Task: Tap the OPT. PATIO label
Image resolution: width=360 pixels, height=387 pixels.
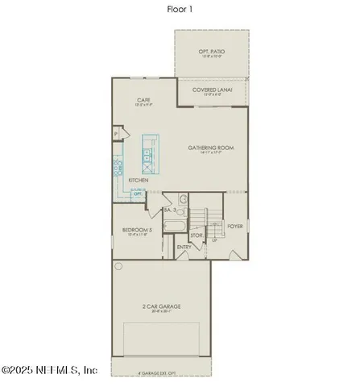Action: [x=212, y=52]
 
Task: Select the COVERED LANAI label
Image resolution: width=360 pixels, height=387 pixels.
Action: [x=213, y=91]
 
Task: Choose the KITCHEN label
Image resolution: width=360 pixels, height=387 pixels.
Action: [x=138, y=180]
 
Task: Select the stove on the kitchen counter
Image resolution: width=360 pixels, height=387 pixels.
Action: [x=118, y=169]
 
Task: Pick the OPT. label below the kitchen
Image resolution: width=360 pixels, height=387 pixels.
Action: [x=138, y=194]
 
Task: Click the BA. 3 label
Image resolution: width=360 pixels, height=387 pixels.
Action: [x=170, y=210]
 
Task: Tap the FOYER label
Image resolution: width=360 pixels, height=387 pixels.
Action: [x=235, y=227]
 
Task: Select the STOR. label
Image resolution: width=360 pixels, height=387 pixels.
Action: [x=197, y=235]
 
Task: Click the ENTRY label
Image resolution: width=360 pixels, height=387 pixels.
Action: [x=184, y=247]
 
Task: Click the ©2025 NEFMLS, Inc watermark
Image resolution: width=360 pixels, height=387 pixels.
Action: [x=50, y=371]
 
